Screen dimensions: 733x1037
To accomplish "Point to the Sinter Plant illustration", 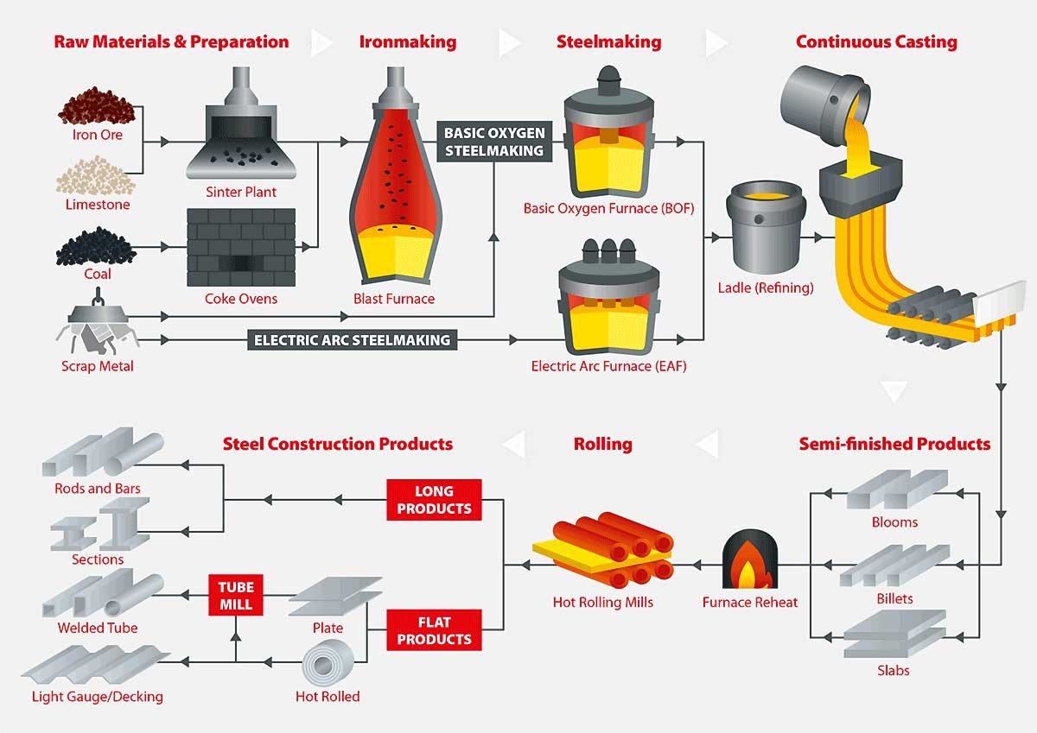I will coord(240,134).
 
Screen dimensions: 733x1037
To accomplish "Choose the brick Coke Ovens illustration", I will coord(241,247).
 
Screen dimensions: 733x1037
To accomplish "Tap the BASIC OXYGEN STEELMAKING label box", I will coord(493,142).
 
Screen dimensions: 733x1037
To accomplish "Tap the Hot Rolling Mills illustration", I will coord(602,553).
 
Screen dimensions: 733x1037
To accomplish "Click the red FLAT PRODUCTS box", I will coord(434,630).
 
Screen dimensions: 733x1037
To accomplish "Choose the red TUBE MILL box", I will coord(235,595).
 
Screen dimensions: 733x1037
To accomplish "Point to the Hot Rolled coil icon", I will coord(328,667).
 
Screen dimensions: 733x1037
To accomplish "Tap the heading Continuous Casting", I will coord(875,41).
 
